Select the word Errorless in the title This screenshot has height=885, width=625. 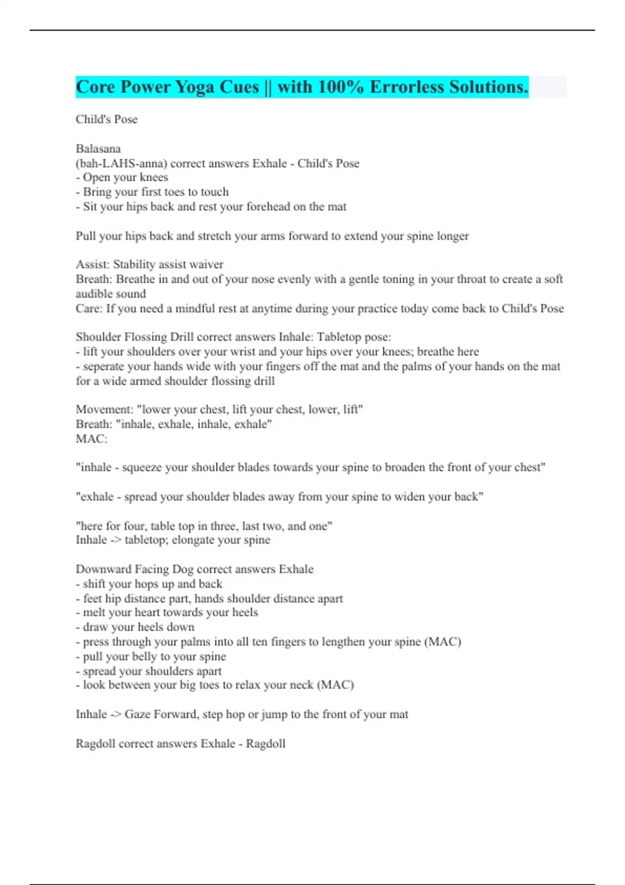pos(406,87)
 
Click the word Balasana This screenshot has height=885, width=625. pos(98,149)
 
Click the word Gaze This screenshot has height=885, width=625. pos(137,714)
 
